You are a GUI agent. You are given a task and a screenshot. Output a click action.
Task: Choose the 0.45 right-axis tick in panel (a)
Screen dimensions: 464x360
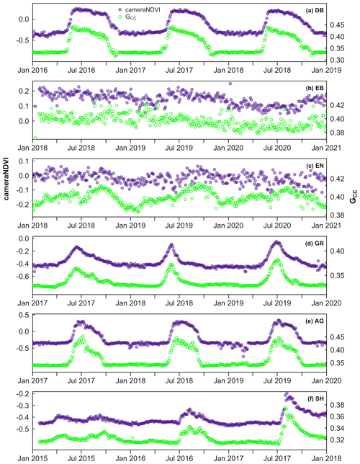(x=341, y=24)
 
